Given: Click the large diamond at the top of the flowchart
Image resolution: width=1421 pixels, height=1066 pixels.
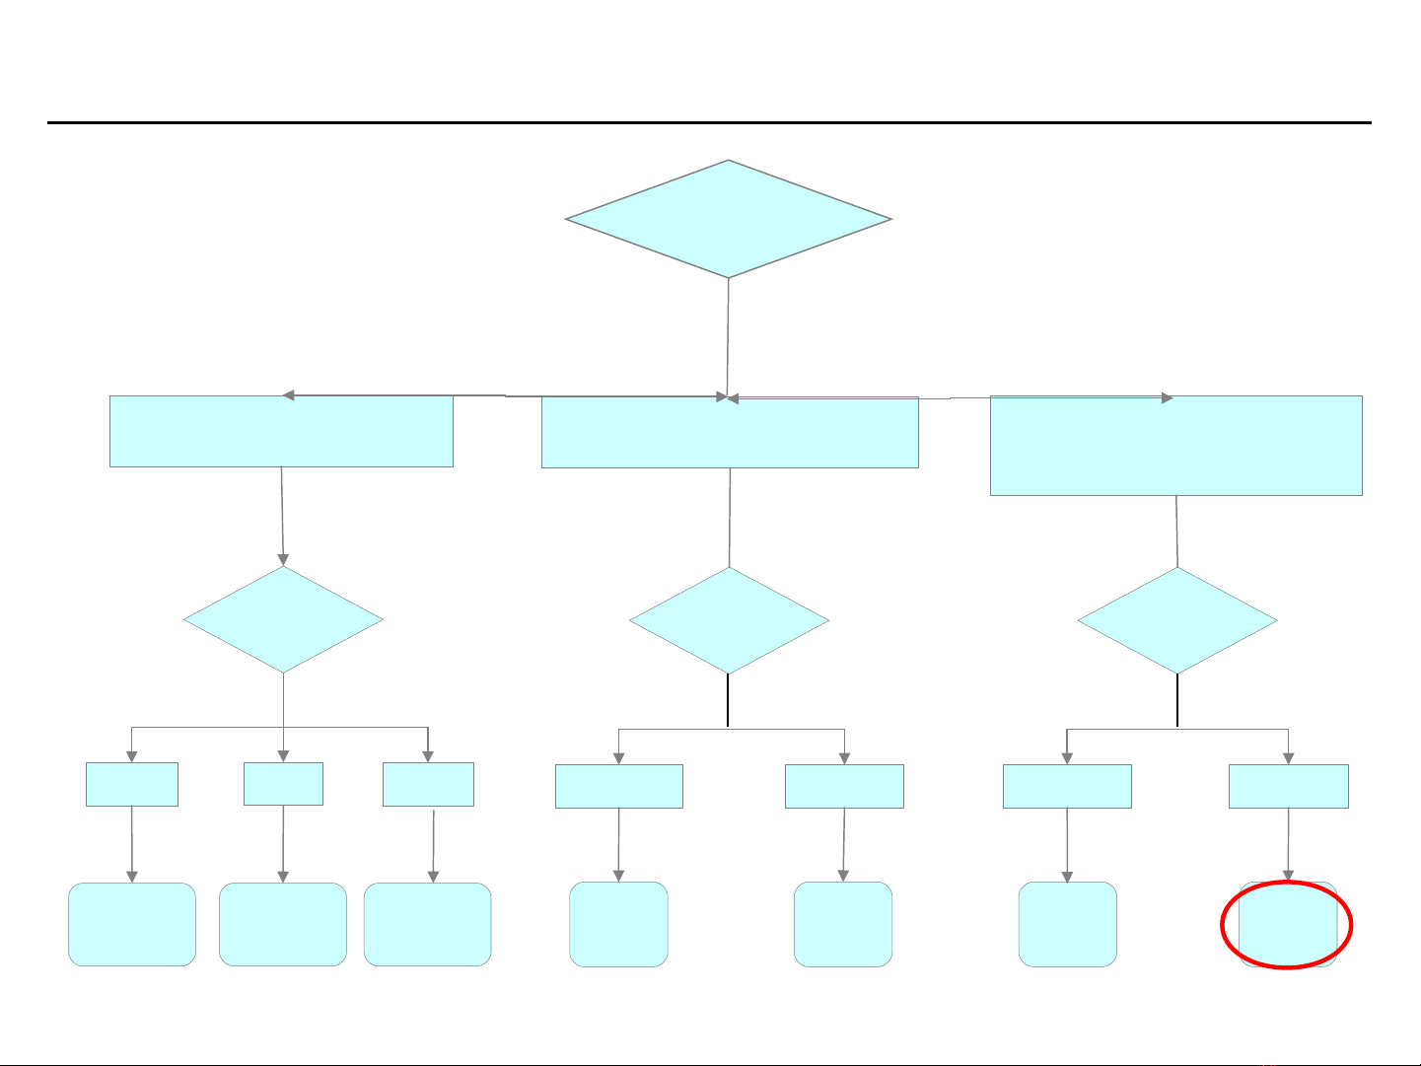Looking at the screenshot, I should [728, 219].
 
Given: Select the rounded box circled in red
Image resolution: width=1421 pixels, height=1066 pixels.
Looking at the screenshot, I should [1288, 925].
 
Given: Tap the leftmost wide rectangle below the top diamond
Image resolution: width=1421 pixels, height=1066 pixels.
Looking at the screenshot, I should [281, 432].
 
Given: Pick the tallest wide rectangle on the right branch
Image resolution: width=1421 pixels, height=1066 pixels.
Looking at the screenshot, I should [1175, 446].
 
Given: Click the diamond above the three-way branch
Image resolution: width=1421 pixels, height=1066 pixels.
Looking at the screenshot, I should [283, 619].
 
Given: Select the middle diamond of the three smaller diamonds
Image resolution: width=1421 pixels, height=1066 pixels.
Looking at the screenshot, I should [729, 621].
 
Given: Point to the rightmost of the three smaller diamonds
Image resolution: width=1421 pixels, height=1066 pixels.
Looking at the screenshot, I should [1177, 621].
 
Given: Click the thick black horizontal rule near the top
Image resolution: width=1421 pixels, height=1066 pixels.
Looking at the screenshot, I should [709, 123].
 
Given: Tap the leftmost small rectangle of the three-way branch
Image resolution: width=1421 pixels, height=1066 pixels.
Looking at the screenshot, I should [132, 784].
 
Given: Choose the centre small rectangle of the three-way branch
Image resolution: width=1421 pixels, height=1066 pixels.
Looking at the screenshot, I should [283, 783].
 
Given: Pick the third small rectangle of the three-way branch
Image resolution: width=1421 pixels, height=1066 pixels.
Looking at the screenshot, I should [428, 784].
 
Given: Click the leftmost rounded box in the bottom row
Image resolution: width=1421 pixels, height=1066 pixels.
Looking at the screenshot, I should [132, 924].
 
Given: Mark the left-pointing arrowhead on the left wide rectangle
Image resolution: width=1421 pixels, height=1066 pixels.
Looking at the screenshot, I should [289, 395].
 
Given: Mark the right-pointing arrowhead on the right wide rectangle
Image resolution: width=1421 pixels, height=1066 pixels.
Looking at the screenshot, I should [1167, 398].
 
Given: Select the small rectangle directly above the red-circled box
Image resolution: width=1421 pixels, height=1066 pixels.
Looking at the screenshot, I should [1288, 787].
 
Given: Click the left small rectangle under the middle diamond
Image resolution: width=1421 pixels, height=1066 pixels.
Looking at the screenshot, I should [618, 787].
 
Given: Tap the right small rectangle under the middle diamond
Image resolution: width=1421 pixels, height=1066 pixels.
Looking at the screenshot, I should [844, 787].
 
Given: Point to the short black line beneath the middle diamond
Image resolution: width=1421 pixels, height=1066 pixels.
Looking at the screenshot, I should [728, 700].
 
